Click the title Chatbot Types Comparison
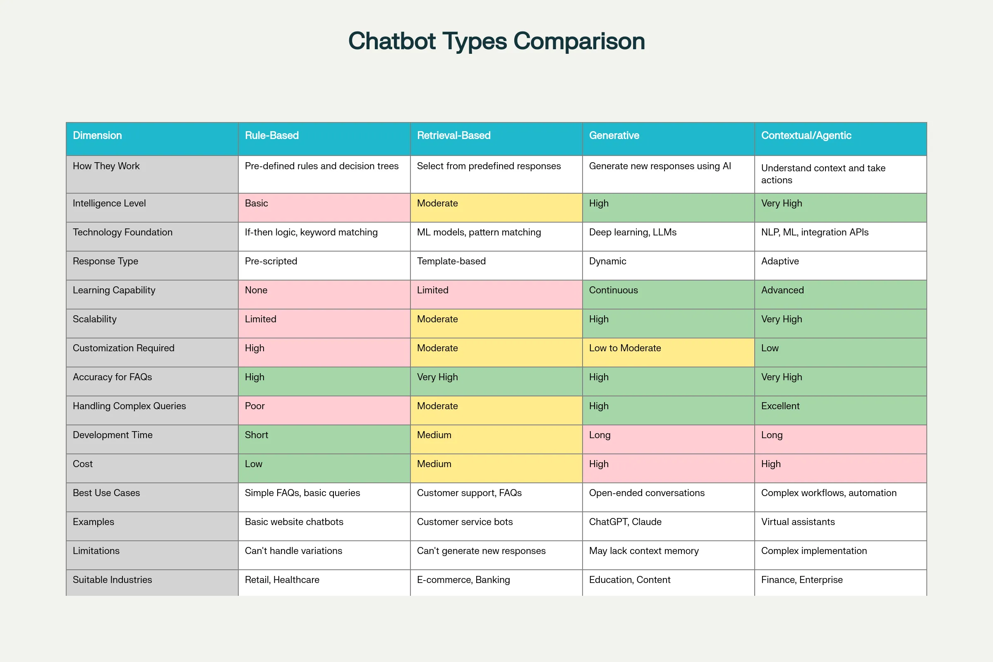pyautogui.click(x=496, y=41)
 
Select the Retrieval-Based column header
pyautogui.click(x=453, y=136)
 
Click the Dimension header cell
pyautogui.click(x=97, y=136)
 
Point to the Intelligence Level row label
pyautogui.click(x=109, y=204)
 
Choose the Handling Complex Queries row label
pyautogui.click(x=129, y=406)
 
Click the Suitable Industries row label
pyautogui.click(x=112, y=580)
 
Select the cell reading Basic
pyautogui.click(x=256, y=204)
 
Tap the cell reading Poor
pyautogui.click(x=254, y=406)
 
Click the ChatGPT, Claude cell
pyautogui.click(x=625, y=522)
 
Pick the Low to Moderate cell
pyautogui.click(x=625, y=348)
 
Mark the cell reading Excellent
pyautogui.click(x=780, y=406)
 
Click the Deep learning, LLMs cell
pyautogui.click(x=633, y=233)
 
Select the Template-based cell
pyautogui.click(x=451, y=261)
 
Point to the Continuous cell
pyautogui.click(x=613, y=290)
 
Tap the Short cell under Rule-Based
pyautogui.click(x=256, y=435)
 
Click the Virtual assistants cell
pyautogui.click(x=798, y=522)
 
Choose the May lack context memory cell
pyautogui.click(x=643, y=551)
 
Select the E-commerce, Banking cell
pyautogui.click(x=463, y=580)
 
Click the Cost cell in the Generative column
pyautogui.click(x=599, y=464)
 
